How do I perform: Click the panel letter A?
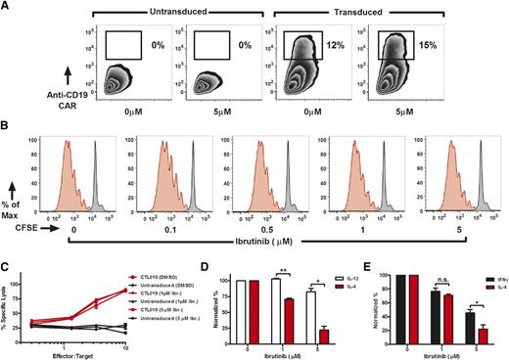6,6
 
